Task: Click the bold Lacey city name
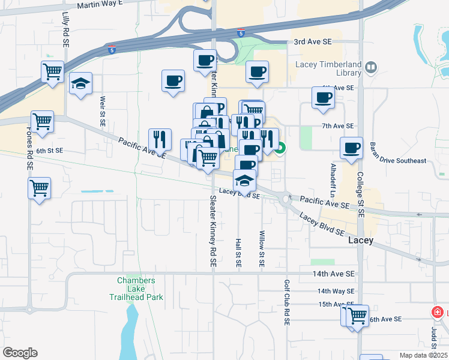[x=361, y=240]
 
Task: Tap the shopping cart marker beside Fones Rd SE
[x=40, y=188]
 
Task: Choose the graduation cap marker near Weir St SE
[x=80, y=84]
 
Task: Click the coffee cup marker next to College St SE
[x=351, y=148]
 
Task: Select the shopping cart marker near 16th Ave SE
[x=358, y=314]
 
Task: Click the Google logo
[x=20, y=353]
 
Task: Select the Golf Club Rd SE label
[x=287, y=303]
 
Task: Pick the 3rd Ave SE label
[x=312, y=42]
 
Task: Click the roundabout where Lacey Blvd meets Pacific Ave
[x=285, y=199]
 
